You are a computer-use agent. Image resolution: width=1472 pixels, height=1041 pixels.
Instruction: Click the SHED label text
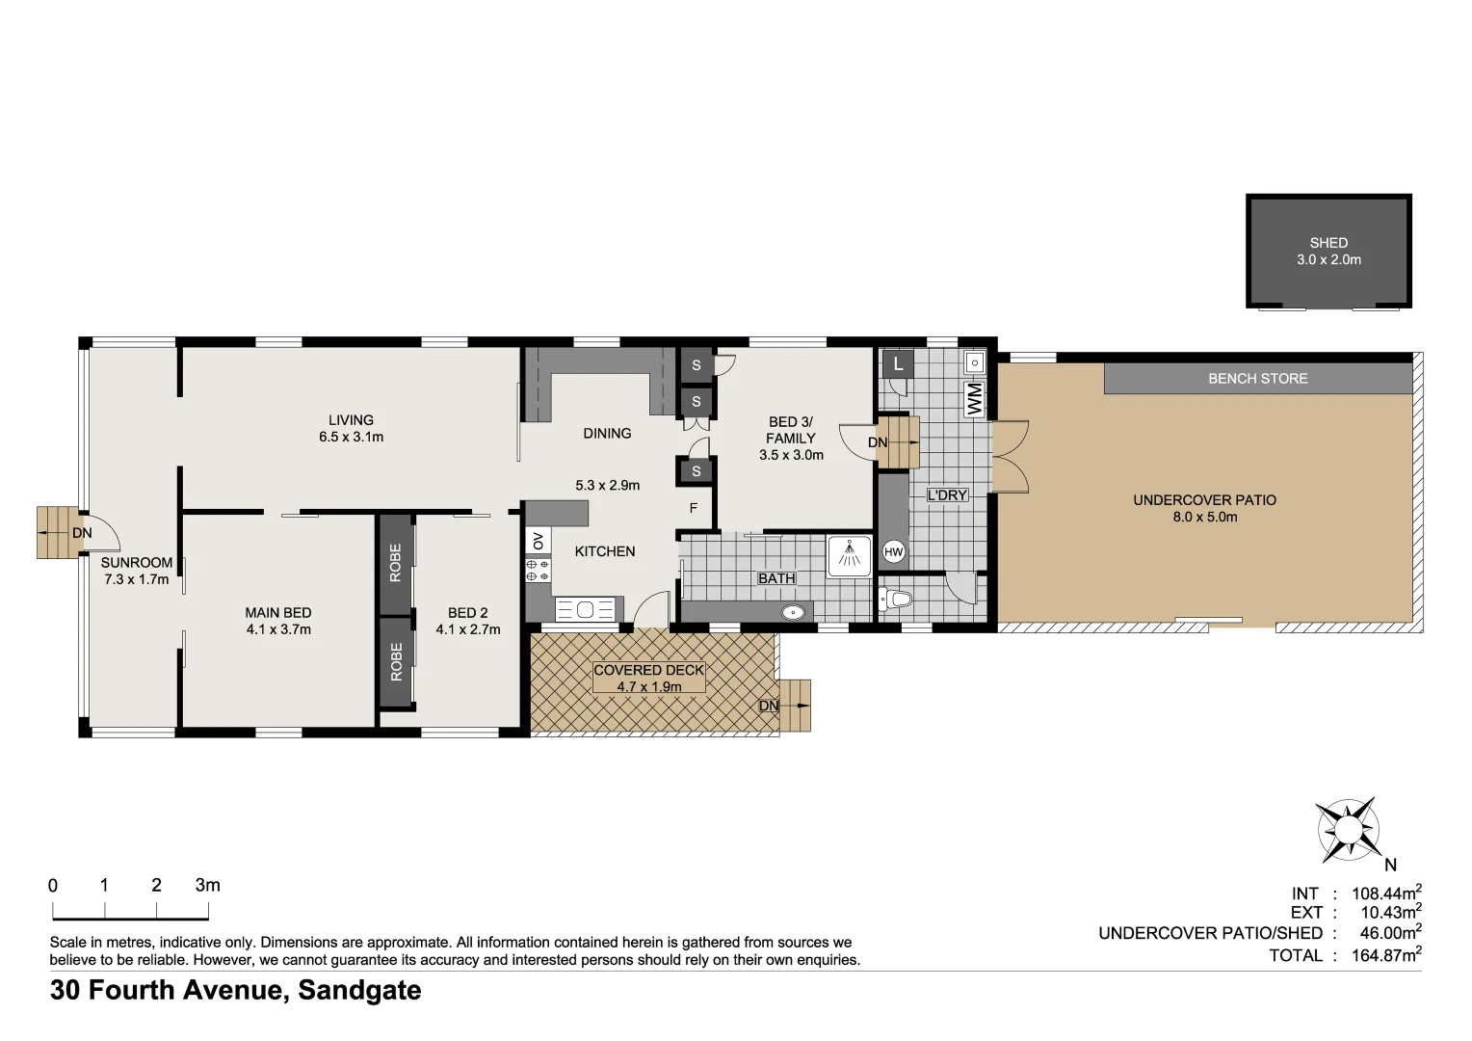(1327, 243)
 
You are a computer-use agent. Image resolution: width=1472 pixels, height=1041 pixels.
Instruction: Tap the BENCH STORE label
(1257, 379)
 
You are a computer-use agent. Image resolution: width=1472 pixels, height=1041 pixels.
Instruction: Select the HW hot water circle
(893, 552)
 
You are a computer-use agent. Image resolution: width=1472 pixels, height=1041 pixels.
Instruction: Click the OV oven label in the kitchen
(538, 540)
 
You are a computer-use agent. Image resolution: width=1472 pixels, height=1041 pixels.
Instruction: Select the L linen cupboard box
(898, 364)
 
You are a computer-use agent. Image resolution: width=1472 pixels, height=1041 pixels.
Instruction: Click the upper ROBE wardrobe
(396, 563)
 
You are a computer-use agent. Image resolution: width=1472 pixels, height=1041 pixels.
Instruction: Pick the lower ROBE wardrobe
(396, 663)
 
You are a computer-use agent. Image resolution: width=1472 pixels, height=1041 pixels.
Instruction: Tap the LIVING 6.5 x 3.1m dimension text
(351, 437)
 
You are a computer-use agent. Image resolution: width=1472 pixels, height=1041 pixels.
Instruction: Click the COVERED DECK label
(648, 670)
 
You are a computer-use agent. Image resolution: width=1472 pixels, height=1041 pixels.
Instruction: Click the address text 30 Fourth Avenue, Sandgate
(236, 990)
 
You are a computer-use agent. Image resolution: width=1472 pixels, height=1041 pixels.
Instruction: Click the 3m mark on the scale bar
(207, 886)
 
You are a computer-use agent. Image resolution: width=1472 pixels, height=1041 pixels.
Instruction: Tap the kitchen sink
(585, 609)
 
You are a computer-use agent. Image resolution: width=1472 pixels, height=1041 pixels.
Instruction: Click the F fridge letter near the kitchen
(693, 508)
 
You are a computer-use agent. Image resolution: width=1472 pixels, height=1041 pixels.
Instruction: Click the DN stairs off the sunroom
(58, 532)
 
